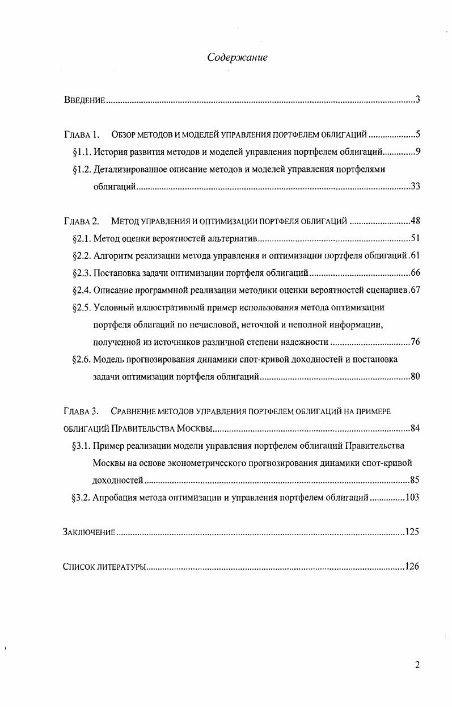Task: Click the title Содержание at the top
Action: pyautogui.click(x=237, y=57)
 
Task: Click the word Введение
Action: pyautogui.click(x=84, y=101)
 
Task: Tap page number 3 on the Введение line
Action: pyautogui.click(x=417, y=100)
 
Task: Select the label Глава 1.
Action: pyautogui.click(x=82, y=135)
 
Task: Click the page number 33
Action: pyautogui.click(x=415, y=187)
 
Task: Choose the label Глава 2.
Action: pyautogui.click(x=82, y=221)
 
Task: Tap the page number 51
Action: pyautogui.click(x=415, y=238)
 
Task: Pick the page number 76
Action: pyautogui.click(x=415, y=342)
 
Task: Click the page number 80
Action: pyautogui.click(x=415, y=376)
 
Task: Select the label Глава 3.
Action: pyautogui.click(x=82, y=411)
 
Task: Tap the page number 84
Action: pyautogui.click(x=415, y=428)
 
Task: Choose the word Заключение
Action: pyautogui.click(x=89, y=533)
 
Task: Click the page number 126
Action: pyautogui.click(x=412, y=567)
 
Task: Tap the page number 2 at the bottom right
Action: pyautogui.click(x=417, y=666)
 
